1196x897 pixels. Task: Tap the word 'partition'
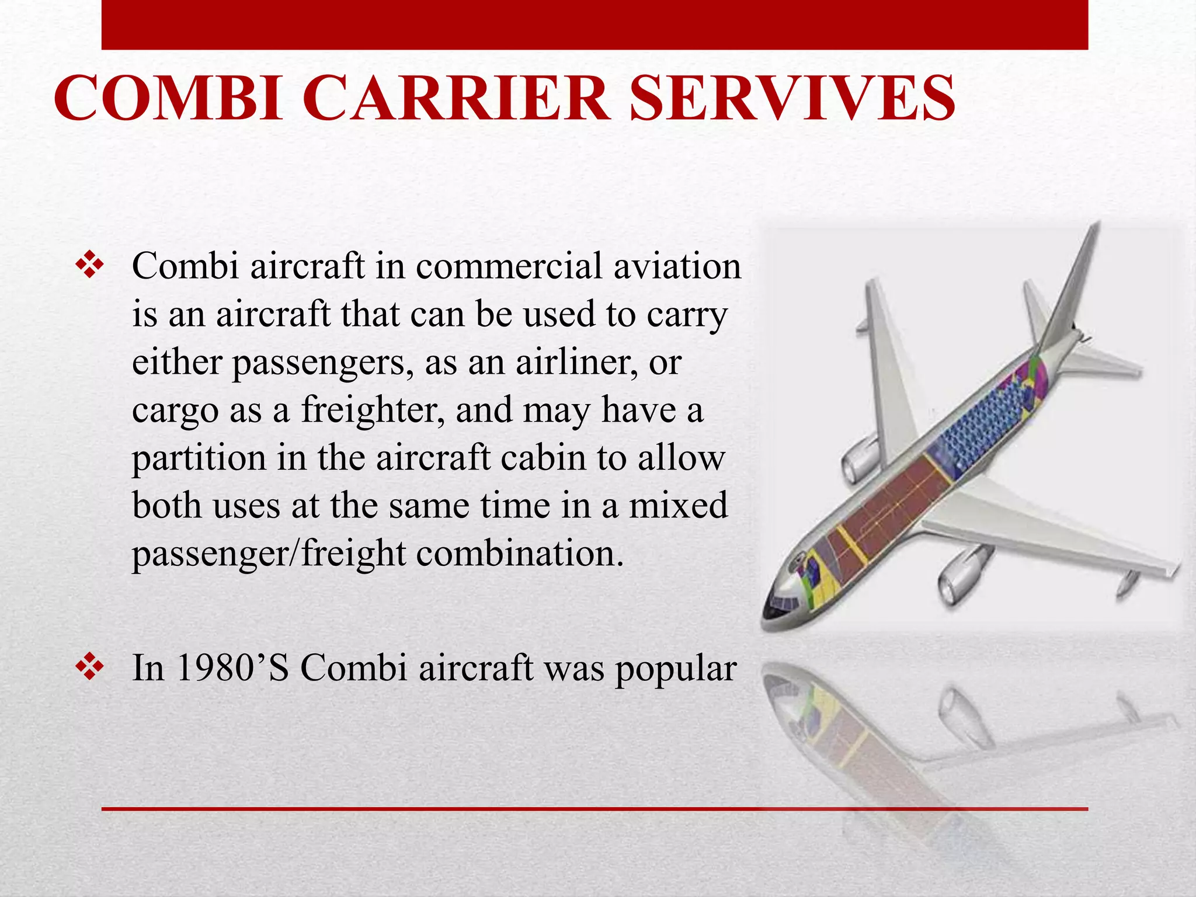tap(199, 458)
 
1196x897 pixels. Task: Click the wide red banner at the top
tap(594, 25)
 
